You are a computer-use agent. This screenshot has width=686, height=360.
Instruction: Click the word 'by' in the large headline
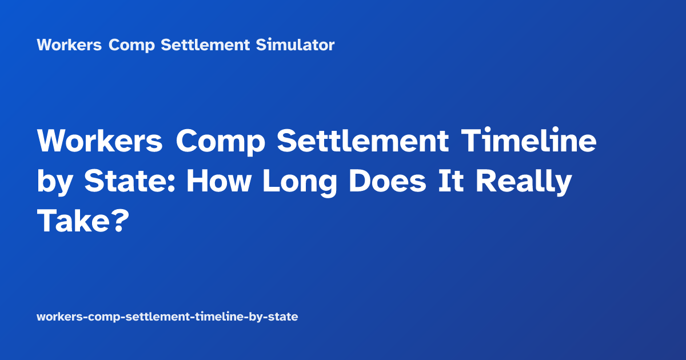pos(55,183)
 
